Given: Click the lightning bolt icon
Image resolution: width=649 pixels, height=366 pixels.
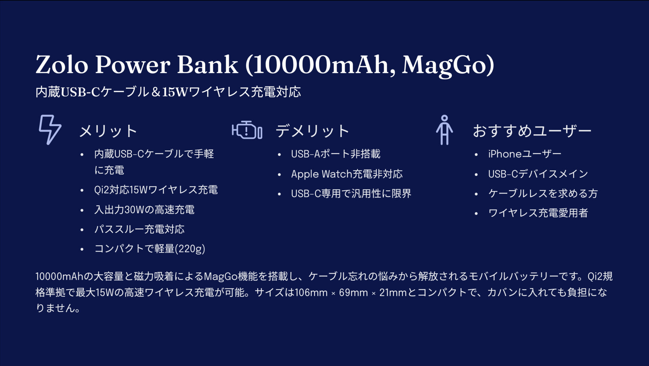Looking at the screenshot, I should coord(50,130).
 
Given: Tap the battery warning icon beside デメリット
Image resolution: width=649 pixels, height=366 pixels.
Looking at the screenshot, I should coord(247,130).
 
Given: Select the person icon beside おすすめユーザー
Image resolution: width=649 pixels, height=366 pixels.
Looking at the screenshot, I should coord(444,130).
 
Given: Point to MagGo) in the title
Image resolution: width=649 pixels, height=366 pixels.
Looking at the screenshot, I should coord(448,65).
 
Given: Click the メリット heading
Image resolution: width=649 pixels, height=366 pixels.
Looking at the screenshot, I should coord(108,131).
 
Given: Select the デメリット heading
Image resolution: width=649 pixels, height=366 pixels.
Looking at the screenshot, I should coord(312,131).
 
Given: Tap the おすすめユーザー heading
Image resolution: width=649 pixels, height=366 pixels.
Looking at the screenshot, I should coord(532,131).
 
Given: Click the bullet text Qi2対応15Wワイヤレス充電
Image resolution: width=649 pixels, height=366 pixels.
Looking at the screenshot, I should coord(156,190).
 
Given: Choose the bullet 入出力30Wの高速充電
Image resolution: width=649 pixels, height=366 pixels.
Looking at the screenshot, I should coord(144,210).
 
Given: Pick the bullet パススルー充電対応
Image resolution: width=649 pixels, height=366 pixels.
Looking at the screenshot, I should coord(139,229).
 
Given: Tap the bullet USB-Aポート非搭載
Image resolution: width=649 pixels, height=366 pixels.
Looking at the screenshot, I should coord(336,154).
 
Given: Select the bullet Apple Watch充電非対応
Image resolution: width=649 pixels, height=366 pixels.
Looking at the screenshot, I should coord(347,174).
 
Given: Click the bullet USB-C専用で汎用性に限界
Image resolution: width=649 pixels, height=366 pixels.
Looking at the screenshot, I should coord(351,194).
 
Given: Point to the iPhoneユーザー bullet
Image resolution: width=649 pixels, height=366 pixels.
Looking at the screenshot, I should coord(525,154).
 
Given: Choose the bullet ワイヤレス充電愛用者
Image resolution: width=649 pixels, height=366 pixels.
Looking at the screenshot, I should coord(538,213).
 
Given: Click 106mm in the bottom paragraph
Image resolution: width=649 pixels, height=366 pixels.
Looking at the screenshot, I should coord(311,293).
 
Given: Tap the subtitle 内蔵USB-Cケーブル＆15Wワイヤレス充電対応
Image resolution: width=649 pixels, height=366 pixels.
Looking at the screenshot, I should coord(168,92).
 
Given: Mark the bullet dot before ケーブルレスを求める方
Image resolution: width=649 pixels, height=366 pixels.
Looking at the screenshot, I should coord(476,194).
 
